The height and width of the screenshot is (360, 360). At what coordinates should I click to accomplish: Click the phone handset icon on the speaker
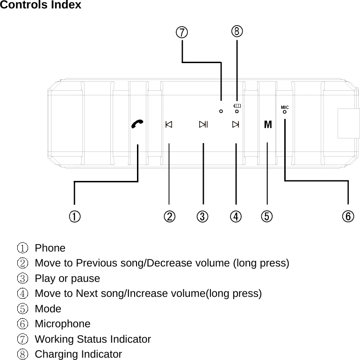tap(137, 124)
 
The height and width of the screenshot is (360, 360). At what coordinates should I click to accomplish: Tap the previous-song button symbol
tap(169, 124)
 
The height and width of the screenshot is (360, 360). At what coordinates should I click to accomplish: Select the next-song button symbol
tap(235, 124)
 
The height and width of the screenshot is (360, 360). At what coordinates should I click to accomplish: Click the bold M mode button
tap(267, 125)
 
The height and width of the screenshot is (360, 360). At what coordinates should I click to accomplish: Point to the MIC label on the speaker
tap(285, 107)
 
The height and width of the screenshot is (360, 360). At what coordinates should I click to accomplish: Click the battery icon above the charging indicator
tap(237, 106)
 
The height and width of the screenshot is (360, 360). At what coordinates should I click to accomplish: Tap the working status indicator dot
tap(221, 111)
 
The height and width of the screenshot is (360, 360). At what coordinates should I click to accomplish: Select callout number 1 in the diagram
tap(74, 216)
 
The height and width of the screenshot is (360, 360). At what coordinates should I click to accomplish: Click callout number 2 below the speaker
tap(169, 216)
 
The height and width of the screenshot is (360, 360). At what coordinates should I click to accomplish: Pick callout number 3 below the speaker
tap(202, 216)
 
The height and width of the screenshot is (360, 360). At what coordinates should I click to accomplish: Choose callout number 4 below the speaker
tap(236, 216)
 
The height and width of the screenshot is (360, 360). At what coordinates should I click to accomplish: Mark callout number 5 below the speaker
tap(266, 216)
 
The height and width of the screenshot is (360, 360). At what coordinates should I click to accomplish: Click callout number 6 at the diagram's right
tap(347, 216)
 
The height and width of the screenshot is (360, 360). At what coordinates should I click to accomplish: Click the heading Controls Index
tap(41, 5)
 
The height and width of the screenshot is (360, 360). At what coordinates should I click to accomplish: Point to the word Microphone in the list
tap(63, 324)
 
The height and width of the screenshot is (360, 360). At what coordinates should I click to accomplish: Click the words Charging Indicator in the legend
tap(78, 354)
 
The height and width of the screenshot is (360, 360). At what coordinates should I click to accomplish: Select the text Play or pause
tap(67, 278)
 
